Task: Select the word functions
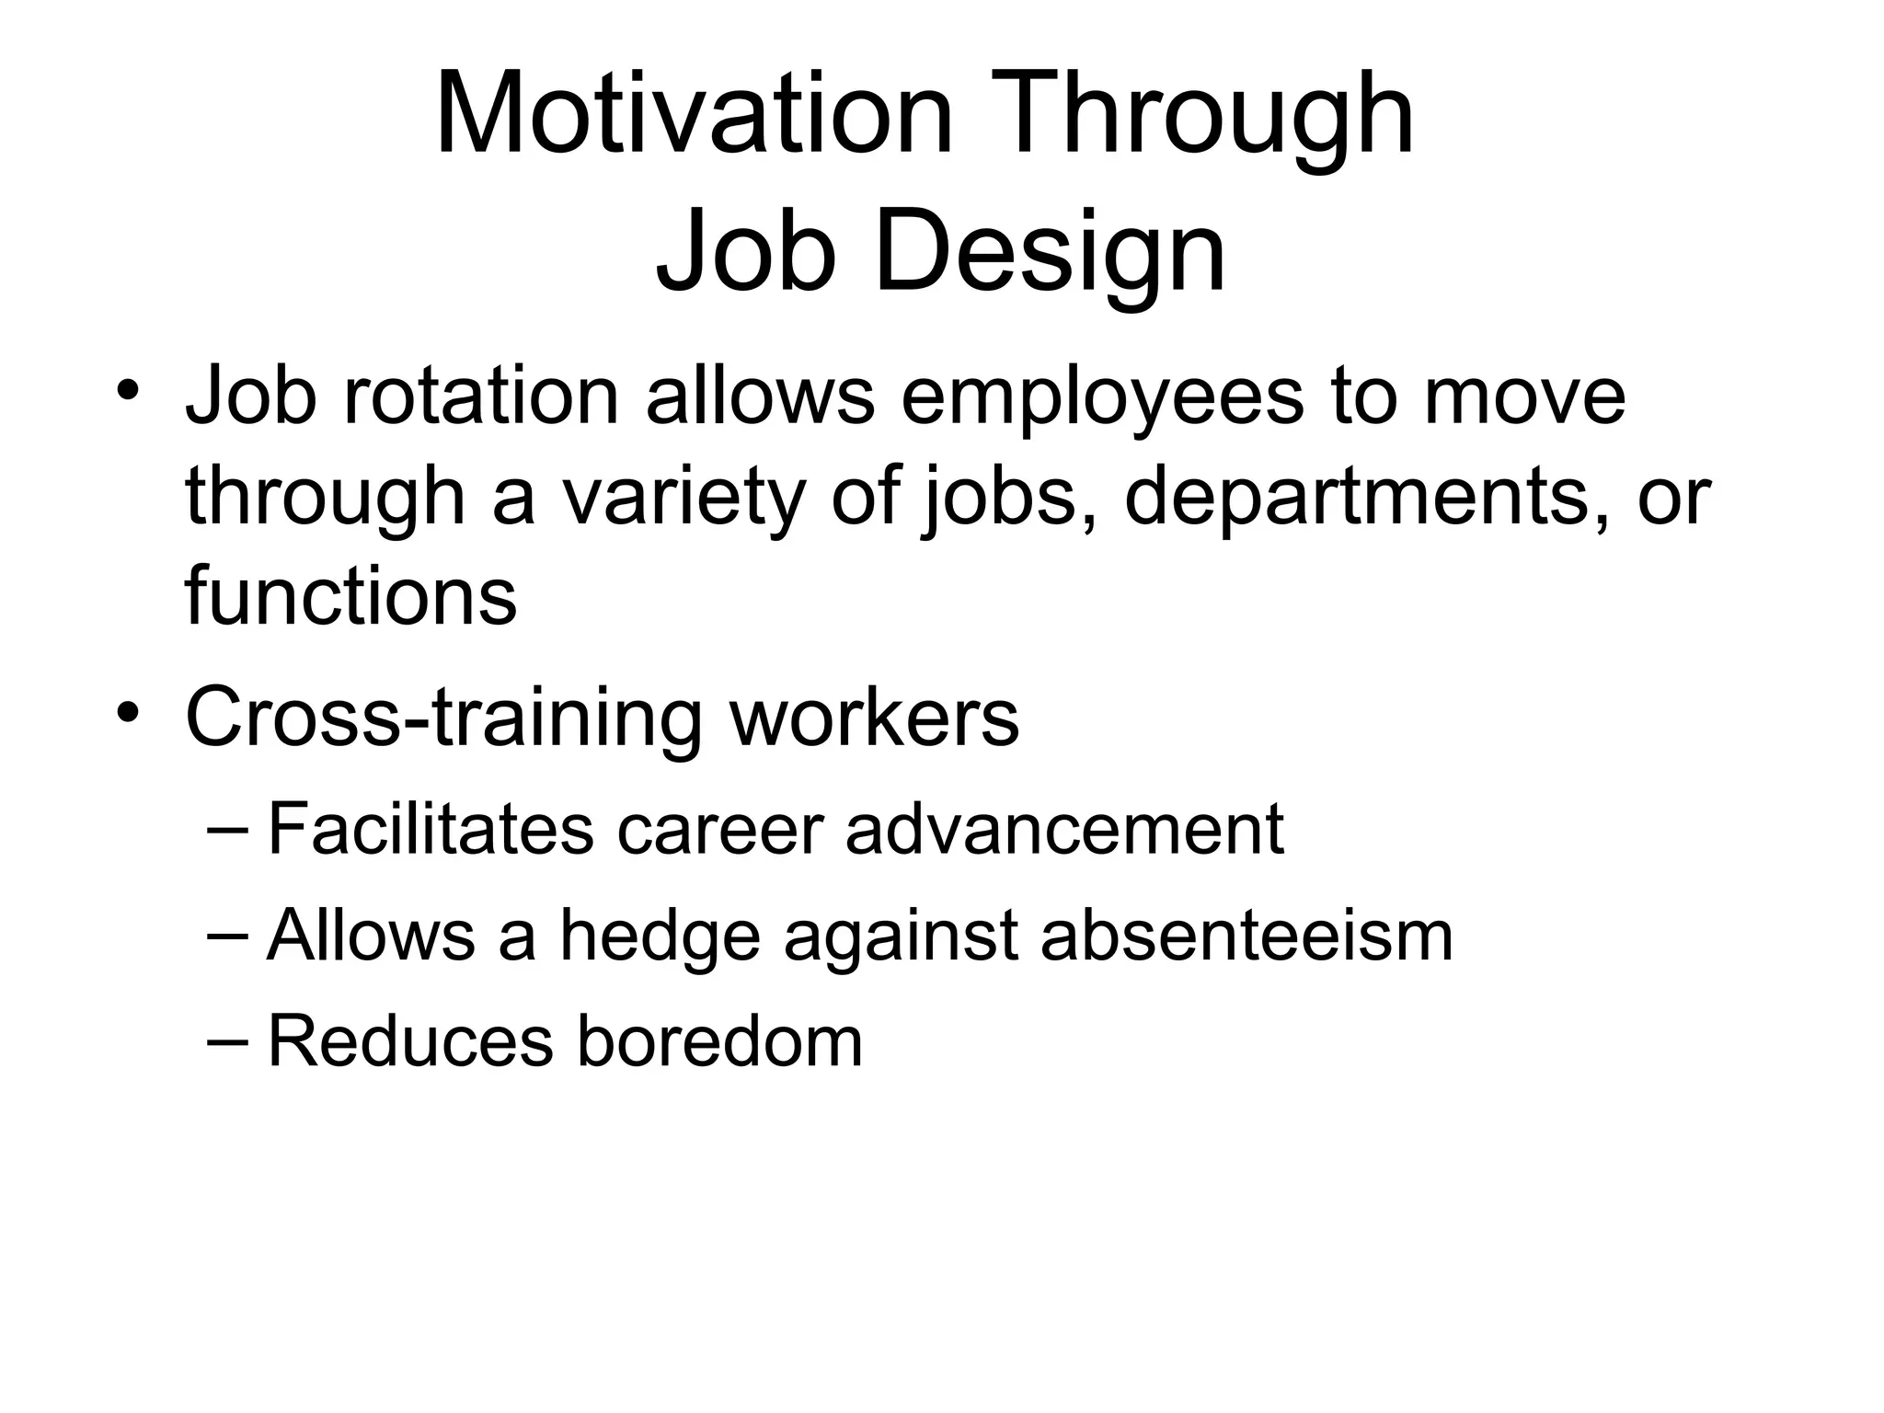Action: (350, 595)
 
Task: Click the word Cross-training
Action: (445, 718)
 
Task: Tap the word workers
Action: (874, 717)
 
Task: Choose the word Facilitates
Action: (431, 829)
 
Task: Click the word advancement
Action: (1064, 829)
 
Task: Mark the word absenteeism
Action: (1246, 936)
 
